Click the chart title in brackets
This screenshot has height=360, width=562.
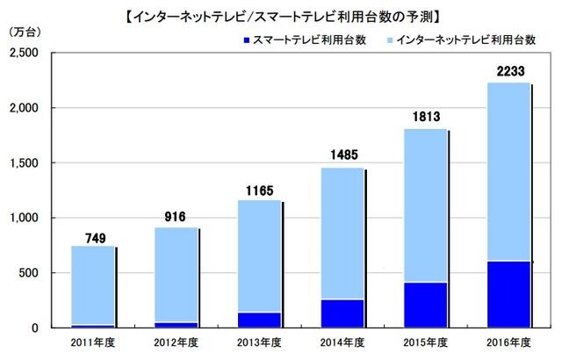point(281,15)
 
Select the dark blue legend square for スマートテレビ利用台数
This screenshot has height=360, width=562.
point(244,41)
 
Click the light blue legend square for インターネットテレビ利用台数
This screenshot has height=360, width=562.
point(389,41)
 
